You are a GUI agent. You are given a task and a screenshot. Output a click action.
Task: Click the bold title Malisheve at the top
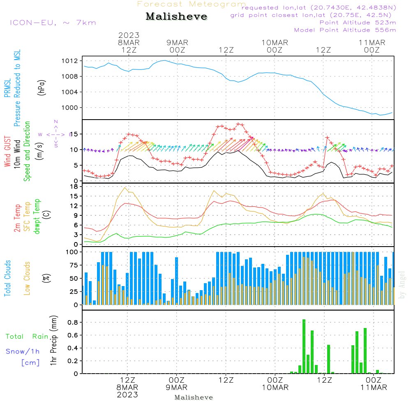[177, 17]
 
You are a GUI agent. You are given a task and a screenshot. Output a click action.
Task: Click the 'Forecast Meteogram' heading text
[192, 5]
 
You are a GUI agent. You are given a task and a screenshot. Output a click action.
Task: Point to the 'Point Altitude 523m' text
[358, 23]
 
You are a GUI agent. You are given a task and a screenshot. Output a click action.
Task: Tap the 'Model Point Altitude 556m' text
[345, 30]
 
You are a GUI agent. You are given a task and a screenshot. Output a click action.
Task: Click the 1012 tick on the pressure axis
[72, 61]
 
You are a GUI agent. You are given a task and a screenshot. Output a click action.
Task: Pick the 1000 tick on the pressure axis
[72, 108]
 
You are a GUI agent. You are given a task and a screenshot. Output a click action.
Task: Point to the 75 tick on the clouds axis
[74, 265]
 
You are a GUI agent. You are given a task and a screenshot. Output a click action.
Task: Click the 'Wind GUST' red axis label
[8, 152]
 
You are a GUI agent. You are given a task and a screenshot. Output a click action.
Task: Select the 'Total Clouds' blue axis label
[8, 278]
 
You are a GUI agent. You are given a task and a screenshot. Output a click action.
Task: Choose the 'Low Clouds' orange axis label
[27, 278]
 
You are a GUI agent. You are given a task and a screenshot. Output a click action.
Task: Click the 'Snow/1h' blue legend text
[23, 351]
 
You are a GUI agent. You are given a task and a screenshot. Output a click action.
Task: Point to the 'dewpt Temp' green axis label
[37, 217]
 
